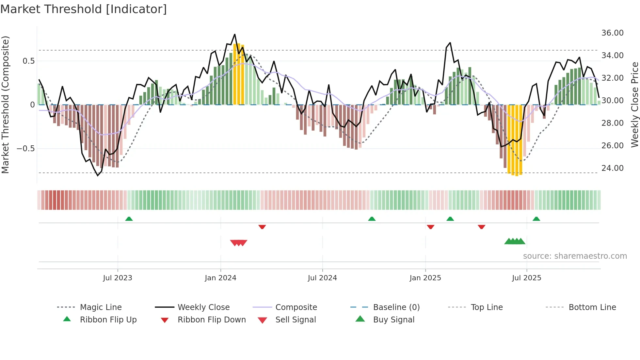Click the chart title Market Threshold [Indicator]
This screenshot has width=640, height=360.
(84, 9)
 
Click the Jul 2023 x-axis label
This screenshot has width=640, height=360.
(118, 278)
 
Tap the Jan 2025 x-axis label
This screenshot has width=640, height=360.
(425, 278)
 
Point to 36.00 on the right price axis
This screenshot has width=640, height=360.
(612, 33)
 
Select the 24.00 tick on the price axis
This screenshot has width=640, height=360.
(612, 168)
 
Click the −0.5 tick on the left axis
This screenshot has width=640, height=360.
(25, 149)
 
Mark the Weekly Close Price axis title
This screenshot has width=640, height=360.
(634, 105)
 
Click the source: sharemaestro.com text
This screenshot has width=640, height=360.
(575, 256)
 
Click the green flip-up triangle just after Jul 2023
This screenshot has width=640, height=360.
(129, 219)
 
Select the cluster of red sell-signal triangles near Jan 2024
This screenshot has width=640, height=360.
(239, 243)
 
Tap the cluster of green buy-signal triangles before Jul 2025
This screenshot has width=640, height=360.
(515, 241)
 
